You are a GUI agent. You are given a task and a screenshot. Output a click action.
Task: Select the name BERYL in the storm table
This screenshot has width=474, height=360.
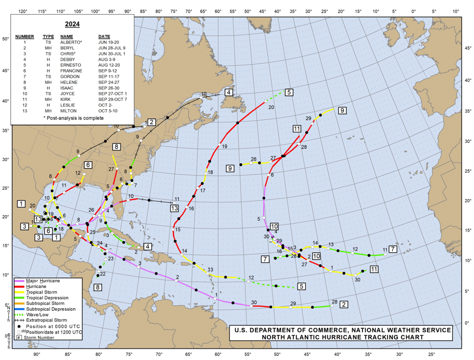(x=69, y=48)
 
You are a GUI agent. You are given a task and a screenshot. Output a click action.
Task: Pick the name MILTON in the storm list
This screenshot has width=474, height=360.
(x=70, y=111)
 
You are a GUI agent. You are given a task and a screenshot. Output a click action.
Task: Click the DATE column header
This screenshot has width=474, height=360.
(x=104, y=37)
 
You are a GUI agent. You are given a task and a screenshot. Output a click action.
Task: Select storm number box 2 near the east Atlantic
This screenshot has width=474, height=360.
(x=344, y=304)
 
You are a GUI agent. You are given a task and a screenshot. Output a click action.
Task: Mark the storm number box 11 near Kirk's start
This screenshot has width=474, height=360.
(x=374, y=269)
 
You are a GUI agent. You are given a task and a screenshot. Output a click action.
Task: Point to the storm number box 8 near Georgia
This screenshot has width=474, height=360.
(x=116, y=146)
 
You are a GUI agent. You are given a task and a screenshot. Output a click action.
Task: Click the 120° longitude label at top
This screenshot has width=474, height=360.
(x=22, y=11)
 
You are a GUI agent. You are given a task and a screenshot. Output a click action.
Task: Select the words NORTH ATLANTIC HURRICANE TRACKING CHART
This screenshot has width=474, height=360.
(x=340, y=337)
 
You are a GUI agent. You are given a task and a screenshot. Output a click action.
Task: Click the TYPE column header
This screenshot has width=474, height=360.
(x=48, y=37)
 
